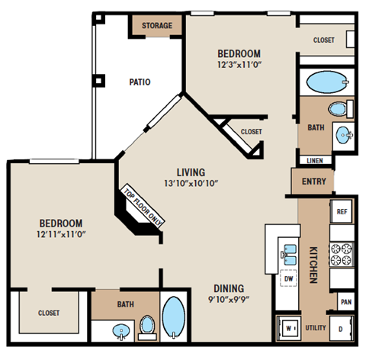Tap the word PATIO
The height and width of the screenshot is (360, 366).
(139, 82)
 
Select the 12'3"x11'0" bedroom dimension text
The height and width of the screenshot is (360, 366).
(239, 66)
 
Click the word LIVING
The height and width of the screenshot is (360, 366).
(192, 172)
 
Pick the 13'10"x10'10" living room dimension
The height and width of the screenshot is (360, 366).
(192, 184)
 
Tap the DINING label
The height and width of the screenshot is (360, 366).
(228, 288)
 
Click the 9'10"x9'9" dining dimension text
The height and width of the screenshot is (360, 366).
(228, 301)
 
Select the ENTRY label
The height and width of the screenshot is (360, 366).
(313, 182)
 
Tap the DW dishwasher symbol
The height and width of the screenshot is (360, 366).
(288, 279)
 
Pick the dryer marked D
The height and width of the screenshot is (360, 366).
(341, 328)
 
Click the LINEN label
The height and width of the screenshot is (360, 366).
(314, 161)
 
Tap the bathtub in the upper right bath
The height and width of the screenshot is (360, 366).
(325, 81)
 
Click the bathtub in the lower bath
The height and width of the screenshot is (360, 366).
(174, 317)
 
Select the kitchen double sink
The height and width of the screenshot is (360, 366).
(290, 253)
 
